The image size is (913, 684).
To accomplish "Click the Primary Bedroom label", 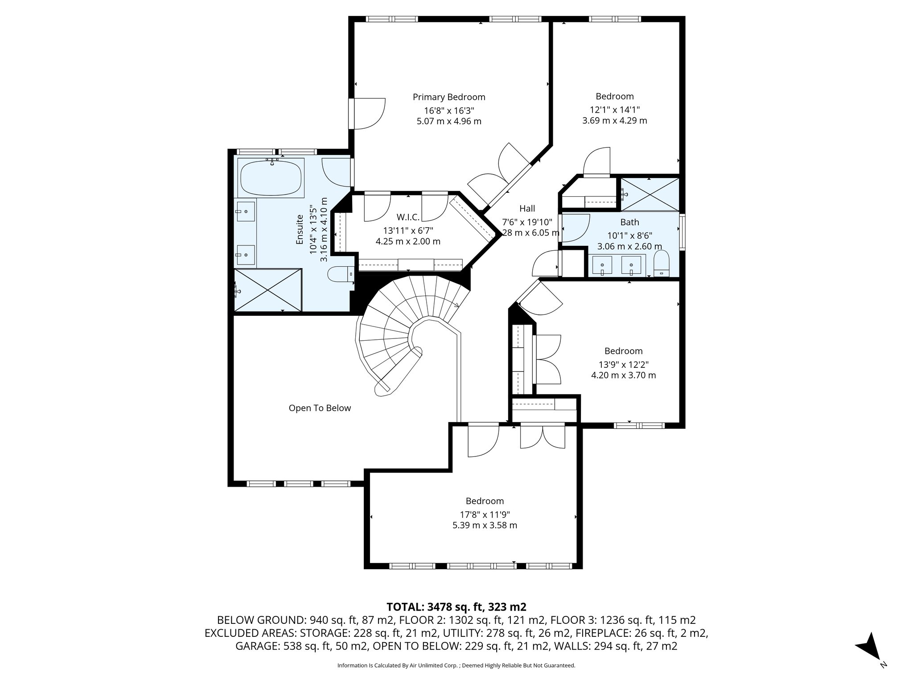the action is tap(449, 97).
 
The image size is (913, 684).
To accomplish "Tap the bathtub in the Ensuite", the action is tap(271, 178).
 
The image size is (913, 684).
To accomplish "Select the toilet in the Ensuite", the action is tap(341, 274).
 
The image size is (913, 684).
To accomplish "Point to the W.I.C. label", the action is tap(408, 217).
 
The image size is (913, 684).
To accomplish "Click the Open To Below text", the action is tap(320, 408).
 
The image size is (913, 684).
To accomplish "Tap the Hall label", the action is tap(527, 208).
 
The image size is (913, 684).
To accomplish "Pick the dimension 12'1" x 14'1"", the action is tap(614, 110).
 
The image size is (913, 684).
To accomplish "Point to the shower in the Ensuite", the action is tap(268, 290).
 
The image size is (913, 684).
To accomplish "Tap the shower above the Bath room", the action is tap(650, 194).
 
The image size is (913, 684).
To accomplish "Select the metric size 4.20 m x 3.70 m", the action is tap(623, 375).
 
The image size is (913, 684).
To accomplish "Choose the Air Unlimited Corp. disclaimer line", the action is tap(456, 666).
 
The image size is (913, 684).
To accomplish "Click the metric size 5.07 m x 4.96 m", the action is tap(449, 121).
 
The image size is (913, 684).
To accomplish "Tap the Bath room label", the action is tap(629, 222).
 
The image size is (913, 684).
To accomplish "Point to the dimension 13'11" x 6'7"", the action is tap(408, 230).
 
